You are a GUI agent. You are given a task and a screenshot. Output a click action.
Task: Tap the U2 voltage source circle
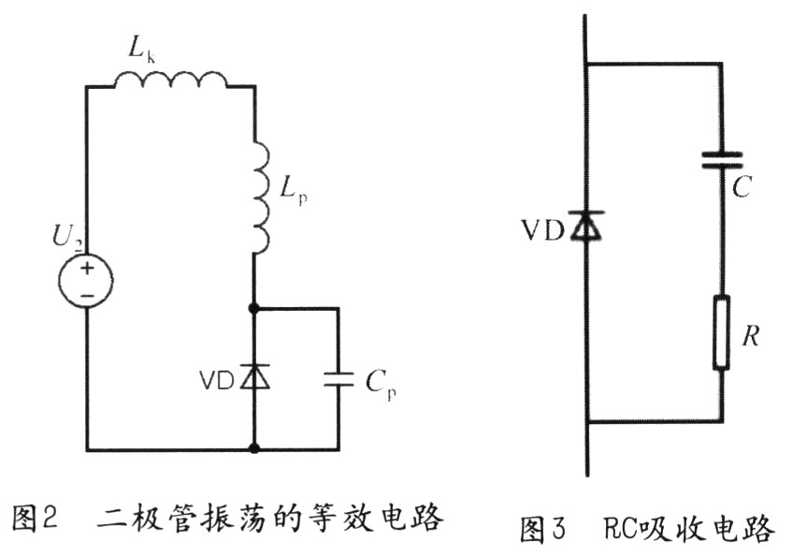tap(87, 279)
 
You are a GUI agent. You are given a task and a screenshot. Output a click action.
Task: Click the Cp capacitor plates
tap(339, 378)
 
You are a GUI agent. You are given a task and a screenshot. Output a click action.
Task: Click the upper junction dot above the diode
tap(254, 307)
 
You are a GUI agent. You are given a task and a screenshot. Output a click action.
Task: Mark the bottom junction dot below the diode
tap(254, 449)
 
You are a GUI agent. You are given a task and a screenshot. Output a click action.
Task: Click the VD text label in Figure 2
tap(217, 380)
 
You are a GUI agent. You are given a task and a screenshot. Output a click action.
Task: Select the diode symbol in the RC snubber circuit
tap(586, 226)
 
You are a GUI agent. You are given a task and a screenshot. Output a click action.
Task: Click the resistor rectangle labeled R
tap(722, 333)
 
